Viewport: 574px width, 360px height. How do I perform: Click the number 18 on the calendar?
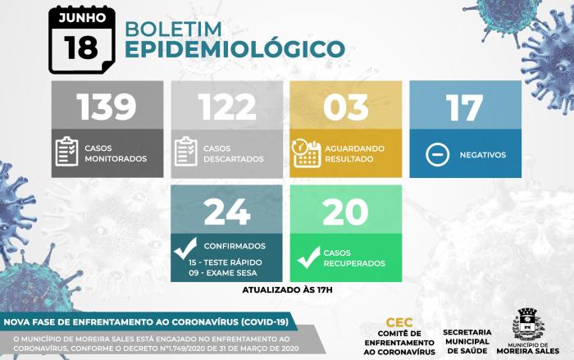click(81, 48)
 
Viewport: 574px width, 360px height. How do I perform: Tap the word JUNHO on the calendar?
click(82, 17)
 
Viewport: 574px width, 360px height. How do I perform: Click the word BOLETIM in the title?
click(174, 30)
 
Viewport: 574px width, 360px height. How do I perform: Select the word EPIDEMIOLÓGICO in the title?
click(235, 49)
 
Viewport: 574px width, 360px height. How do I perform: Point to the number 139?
click(107, 107)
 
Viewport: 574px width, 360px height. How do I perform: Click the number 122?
click(227, 107)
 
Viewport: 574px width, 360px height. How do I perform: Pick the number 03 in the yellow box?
click(346, 107)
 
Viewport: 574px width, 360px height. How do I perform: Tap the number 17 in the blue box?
click(464, 107)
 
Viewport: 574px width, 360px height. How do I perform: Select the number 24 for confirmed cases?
click(227, 212)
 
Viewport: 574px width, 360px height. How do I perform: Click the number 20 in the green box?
click(345, 212)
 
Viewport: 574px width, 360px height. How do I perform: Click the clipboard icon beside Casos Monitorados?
click(66, 151)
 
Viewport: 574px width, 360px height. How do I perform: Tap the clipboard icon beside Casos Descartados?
click(185, 151)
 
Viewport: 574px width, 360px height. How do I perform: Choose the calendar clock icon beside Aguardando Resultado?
click(307, 153)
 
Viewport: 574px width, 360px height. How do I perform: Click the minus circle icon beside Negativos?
click(437, 154)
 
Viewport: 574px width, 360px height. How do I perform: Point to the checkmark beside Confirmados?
click(185, 248)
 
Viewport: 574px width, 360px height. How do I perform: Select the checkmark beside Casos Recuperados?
click(308, 257)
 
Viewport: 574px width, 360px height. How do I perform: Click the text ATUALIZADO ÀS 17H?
click(287, 290)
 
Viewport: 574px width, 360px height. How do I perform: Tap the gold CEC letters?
click(399, 322)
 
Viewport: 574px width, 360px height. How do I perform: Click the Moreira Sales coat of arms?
click(528, 324)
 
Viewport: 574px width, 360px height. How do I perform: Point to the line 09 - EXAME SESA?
click(223, 273)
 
